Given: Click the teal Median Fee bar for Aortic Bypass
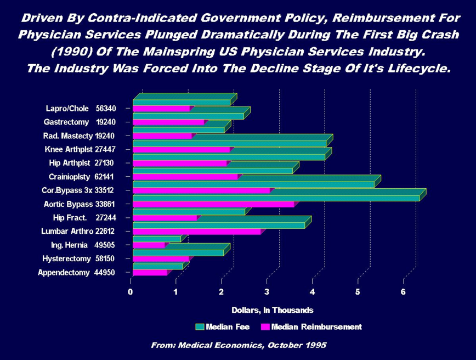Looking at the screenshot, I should pyautogui.click(x=274, y=198).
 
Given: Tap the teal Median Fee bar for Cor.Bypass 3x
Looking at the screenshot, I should pyautogui.click(x=252, y=184).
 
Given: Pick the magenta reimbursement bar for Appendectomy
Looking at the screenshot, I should pyautogui.click(x=149, y=272).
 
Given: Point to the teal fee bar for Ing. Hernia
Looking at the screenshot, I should pyautogui.click(x=156, y=239).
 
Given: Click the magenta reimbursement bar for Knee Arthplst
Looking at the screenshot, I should pyautogui.click(x=181, y=150).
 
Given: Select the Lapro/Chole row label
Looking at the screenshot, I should pyautogui.click(x=80, y=109).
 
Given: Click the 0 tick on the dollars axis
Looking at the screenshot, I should pyautogui.click(x=131, y=292).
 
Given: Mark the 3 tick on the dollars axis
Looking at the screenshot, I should pyautogui.click(x=267, y=292).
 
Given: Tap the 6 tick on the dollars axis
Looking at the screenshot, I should pyautogui.click(x=403, y=292).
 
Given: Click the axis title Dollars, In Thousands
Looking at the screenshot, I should pyautogui.click(x=272, y=310).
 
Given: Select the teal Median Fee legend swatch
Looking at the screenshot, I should pyautogui.click(x=200, y=327).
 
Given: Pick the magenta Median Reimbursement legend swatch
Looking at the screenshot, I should pyautogui.click(x=265, y=327).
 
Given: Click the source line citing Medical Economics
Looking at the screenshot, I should pyautogui.click(x=239, y=345).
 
